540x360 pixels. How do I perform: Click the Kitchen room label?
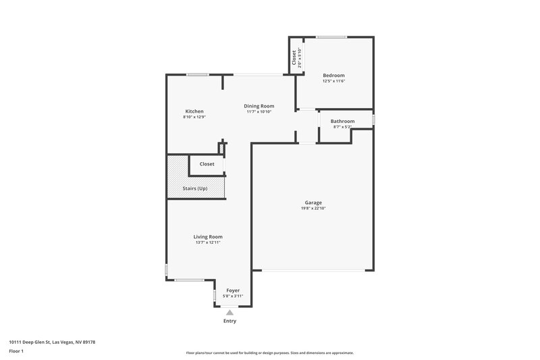click(194, 111)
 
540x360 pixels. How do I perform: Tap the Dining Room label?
click(259, 106)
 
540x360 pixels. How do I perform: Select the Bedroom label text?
click(333, 75)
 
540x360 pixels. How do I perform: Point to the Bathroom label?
click(342, 122)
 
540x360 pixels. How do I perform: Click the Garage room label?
click(313, 203)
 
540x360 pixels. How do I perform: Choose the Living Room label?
click(208, 237)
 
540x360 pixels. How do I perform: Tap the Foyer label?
click(232, 290)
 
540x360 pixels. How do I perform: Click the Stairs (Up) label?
click(195, 188)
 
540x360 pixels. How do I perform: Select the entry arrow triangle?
click(230, 312)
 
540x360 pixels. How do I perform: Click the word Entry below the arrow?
click(230, 321)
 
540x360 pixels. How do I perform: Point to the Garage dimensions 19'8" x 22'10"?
click(313, 208)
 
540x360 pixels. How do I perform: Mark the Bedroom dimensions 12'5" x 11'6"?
click(333, 80)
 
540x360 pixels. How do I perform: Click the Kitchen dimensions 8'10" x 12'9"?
click(194, 117)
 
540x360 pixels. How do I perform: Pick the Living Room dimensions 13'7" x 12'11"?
click(208, 242)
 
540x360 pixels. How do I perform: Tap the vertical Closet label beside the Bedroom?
click(293, 58)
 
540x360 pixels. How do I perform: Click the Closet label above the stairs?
click(207, 164)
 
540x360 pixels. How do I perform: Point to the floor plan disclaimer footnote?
click(269, 353)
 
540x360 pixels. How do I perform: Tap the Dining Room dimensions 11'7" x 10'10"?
click(259, 111)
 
